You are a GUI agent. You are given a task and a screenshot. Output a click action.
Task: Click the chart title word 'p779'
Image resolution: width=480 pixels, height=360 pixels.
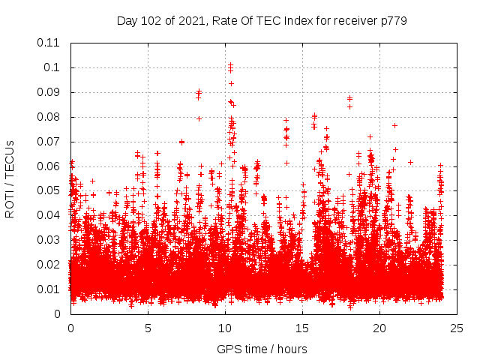point(392,20)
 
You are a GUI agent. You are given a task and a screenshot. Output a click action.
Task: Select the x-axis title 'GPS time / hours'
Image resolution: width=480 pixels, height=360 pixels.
point(262,349)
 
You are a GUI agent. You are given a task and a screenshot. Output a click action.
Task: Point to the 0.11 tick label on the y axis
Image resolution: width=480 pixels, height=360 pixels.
point(49,43)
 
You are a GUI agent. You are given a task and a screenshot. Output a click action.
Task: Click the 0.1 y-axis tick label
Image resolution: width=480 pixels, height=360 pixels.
point(52,67)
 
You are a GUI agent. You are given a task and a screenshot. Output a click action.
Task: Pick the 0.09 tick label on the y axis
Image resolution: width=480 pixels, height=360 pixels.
point(49,92)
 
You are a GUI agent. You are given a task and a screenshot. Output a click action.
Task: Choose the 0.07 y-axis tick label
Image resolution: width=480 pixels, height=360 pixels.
point(49,141)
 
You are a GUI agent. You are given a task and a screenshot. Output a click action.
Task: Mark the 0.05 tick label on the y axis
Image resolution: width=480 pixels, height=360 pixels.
point(49,190)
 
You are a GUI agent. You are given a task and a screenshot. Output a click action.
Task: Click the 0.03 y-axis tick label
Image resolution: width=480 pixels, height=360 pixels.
point(49,240)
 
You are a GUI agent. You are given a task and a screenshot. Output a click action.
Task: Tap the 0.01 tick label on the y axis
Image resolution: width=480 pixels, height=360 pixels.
point(49,289)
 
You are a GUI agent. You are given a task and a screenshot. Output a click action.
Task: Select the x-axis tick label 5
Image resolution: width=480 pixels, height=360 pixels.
point(148,328)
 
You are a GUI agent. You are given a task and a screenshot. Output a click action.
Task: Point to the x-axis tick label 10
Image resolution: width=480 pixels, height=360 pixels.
point(225,328)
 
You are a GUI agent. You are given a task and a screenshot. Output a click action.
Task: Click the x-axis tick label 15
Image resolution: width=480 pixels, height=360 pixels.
point(302,328)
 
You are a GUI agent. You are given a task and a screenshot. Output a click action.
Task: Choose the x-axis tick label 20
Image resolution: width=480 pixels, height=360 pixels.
point(379,328)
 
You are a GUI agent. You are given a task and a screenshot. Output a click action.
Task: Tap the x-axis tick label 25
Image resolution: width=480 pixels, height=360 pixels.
point(457,328)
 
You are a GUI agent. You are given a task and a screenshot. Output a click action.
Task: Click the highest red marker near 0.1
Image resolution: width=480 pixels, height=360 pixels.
point(230,64)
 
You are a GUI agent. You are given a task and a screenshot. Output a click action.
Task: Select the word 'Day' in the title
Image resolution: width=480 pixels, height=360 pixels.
point(127,20)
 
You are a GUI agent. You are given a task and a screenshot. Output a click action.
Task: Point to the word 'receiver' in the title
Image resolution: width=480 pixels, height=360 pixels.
point(350,20)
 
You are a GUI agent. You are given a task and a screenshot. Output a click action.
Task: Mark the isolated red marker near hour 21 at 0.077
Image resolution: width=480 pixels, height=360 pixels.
point(394,125)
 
